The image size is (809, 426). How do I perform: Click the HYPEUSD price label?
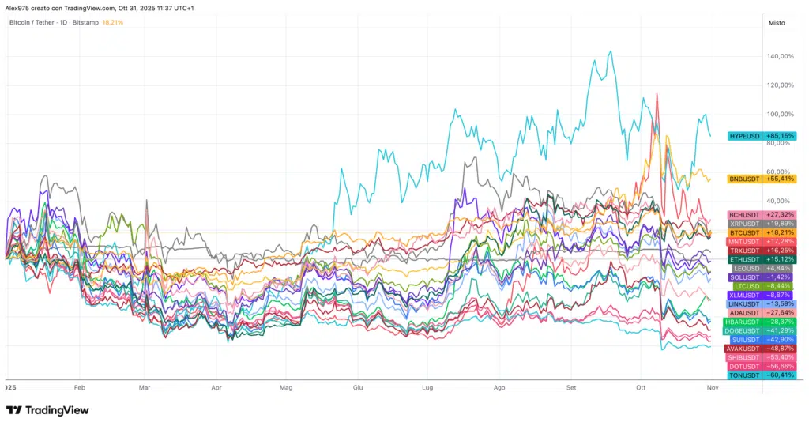point(745,136)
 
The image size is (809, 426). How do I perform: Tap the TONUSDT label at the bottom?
point(744,375)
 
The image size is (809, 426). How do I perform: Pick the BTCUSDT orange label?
point(744,233)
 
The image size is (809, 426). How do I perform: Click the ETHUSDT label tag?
point(744,259)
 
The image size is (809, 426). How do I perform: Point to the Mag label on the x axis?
point(286,388)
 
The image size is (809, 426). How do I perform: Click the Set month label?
point(571,388)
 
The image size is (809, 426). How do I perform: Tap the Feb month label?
point(78,388)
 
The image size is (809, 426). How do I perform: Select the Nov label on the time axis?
point(712,388)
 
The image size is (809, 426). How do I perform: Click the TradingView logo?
point(47,410)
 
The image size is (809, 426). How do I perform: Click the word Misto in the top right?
point(777,23)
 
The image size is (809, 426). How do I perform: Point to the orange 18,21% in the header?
point(113,22)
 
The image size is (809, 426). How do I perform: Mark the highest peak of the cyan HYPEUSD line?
point(610,51)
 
